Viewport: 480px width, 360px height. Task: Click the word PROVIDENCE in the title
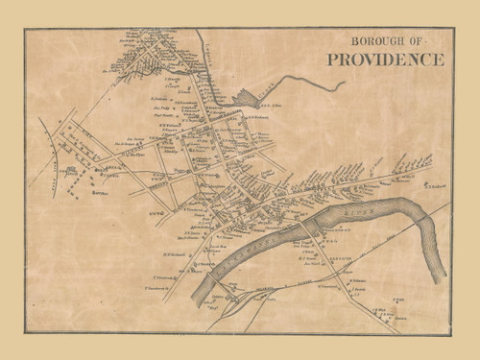pyautogui.click(x=385, y=60)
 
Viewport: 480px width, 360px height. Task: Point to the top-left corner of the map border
pyautogui.click(x=25, y=27)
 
